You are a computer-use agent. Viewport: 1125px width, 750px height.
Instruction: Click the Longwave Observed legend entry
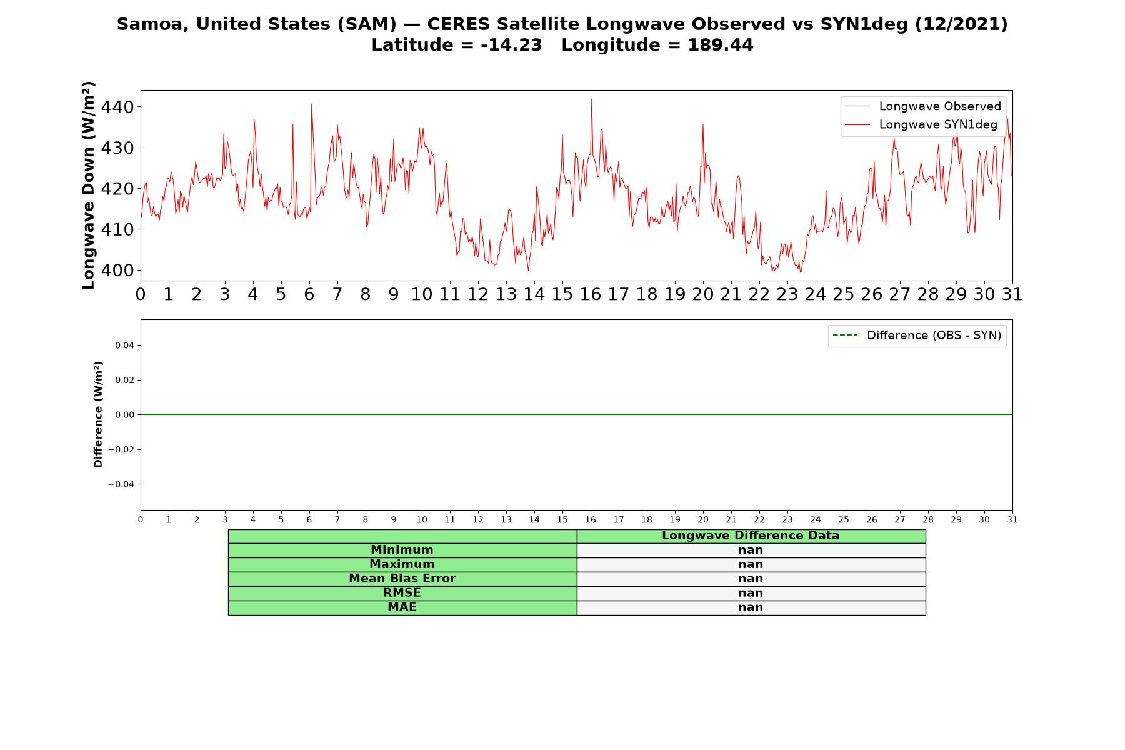922,106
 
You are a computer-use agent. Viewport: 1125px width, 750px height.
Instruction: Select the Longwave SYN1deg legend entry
921,124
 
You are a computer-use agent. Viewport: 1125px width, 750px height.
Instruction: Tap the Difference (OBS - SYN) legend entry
917,336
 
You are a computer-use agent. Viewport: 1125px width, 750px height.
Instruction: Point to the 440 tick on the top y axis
117,107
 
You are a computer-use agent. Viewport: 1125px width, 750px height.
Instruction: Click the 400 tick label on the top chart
117,271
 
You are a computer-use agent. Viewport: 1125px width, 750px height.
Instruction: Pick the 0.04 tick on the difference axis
124,346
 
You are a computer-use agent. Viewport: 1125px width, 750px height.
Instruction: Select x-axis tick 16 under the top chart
591,294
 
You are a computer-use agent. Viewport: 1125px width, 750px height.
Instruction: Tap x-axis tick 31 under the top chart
1012,294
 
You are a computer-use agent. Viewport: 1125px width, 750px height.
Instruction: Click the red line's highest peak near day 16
591,99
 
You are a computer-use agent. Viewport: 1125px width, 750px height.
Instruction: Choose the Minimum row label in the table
402,550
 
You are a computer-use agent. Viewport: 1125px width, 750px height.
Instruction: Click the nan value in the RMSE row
751,593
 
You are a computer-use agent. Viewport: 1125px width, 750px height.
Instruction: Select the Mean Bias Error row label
402,579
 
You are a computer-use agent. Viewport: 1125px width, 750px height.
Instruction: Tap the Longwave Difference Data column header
751,536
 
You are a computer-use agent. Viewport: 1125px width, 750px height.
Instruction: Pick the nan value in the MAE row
751,607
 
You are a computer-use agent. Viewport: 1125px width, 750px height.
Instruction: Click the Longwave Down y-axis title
89,185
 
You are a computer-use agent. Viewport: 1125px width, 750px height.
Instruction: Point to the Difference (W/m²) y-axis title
98,414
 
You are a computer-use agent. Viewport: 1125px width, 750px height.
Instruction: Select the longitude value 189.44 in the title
721,45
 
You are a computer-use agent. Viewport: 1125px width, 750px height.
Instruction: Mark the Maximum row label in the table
402,564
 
